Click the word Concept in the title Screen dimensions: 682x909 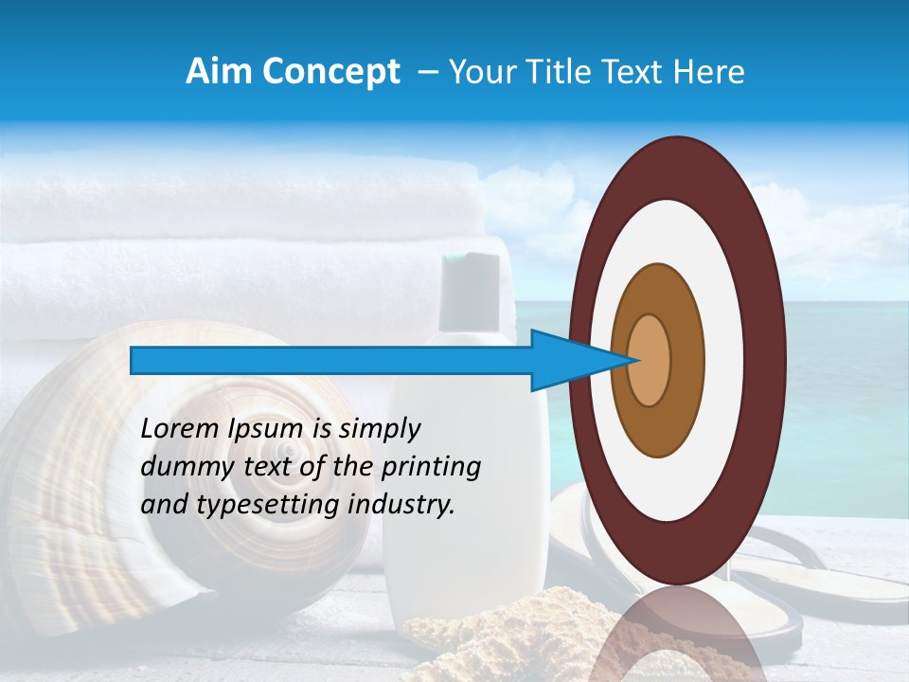(330, 72)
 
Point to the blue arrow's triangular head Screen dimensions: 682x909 (568, 360)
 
